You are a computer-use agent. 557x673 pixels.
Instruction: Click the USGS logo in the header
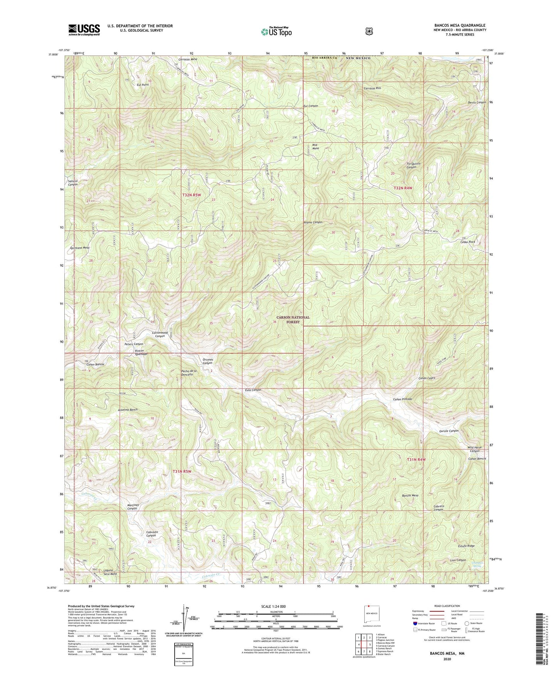coord(84,29)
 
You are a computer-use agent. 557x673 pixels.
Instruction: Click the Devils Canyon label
coord(476,103)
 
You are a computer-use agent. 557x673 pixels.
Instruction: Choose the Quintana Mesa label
coord(80,248)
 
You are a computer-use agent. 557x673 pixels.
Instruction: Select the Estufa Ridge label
coord(466,546)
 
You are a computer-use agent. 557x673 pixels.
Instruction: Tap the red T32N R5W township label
coord(192,195)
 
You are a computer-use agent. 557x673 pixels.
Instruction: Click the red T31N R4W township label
coord(416,459)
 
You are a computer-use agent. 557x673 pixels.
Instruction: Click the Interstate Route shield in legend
coord(415,623)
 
